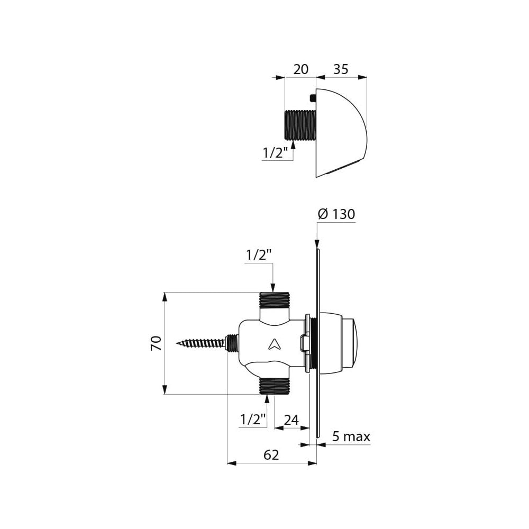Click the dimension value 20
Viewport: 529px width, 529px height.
tap(300, 69)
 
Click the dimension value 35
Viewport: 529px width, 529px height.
tap(340, 69)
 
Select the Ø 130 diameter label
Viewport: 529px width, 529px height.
tap(336, 214)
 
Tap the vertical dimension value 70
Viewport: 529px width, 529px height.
tap(156, 343)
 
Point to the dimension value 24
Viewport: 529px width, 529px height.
tap(291, 420)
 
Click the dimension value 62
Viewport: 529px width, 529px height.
tap(271, 455)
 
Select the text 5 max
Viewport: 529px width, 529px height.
tap(351, 436)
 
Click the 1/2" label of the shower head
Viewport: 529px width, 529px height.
tap(275, 153)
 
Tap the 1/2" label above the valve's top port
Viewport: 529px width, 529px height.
tap(259, 256)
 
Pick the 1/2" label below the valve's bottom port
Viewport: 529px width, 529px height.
tap(253, 420)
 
